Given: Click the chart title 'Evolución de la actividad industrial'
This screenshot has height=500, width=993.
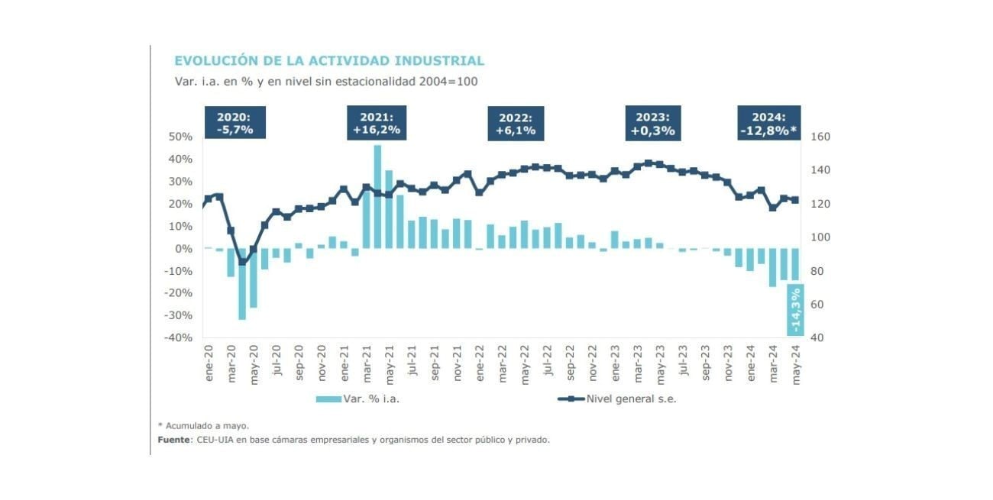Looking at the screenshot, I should pos(329,60).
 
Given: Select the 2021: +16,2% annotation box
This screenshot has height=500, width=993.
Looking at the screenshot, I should pos(377,123).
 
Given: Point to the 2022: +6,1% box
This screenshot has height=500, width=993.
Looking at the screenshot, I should pos(516,124).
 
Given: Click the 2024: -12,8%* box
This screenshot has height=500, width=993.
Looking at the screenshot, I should pos(768,124).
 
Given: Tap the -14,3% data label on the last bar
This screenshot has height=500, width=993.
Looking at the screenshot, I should pos(795,311).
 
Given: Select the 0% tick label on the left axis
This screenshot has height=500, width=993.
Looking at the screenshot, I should pos(183,249).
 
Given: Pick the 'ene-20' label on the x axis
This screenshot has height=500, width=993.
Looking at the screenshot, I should pos(209,364).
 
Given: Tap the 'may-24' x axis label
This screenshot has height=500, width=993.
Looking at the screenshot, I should pos(796,363).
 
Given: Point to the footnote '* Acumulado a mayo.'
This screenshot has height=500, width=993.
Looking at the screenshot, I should pos(203,426).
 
